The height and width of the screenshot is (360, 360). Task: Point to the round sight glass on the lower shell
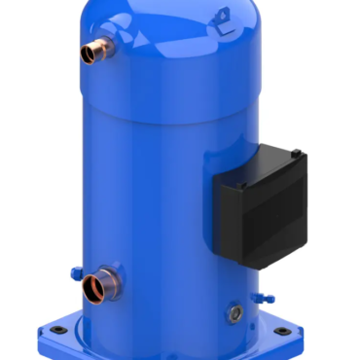point(234,313)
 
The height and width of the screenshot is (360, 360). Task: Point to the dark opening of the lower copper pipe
point(93,288)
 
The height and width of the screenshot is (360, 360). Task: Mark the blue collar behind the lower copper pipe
point(115,278)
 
